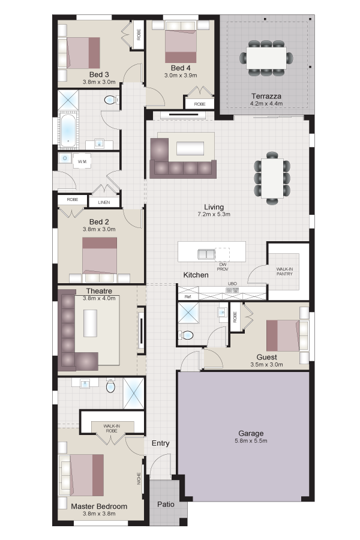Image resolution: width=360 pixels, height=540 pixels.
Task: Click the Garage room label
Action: click(251, 433)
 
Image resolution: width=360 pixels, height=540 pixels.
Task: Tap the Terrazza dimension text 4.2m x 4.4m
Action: click(266, 103)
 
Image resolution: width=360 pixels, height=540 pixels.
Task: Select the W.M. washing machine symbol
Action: click(82, 161)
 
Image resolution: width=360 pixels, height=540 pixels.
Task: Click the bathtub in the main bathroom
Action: click(68, 130)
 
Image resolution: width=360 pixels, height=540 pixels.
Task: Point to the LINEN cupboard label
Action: click(104, 202)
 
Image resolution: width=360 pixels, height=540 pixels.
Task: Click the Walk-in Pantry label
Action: click(284, 271)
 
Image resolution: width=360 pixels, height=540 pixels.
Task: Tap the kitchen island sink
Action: click(206, 254)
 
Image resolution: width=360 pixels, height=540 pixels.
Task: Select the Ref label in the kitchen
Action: click(188, 296)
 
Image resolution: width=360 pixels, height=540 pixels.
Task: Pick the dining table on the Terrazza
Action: click(266, 58)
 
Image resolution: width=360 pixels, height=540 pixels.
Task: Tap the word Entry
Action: click(161, 443)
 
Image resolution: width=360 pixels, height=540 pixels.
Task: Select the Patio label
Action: click(166, 504)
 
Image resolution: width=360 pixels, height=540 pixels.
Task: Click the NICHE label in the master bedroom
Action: click(139, 478)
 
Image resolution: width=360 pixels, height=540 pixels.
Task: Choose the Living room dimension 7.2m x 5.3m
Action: click(214, 214)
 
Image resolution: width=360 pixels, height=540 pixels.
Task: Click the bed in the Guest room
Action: click(283, 335)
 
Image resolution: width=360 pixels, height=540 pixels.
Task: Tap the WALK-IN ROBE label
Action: click(112, 428)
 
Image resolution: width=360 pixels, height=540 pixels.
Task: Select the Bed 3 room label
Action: click(99, 74)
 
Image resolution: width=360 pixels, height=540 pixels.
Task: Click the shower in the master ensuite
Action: click(133, 393)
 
